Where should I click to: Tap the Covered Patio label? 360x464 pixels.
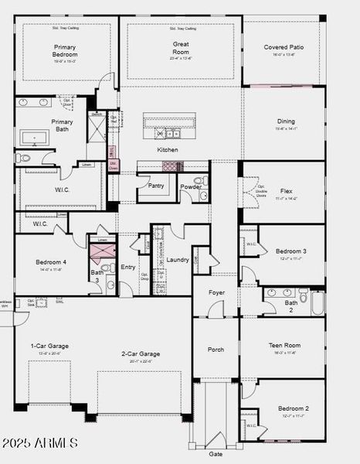point(284,47)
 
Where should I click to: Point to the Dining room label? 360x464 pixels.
point(286,121)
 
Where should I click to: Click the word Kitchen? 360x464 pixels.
point(168,150)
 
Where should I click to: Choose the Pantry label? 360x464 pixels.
point(155,186)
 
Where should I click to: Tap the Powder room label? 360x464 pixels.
point(191,186)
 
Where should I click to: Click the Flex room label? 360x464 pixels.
point(286,190)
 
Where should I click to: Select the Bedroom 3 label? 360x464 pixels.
point(291,251)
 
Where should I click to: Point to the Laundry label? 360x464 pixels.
point(178,260)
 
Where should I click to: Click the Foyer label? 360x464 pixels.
point(216,293)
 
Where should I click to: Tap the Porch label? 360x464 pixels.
point(216,350)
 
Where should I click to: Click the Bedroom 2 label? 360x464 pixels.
point(294,408)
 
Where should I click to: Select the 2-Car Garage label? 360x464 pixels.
point(141,354)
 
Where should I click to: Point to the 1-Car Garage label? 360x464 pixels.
point(49,346)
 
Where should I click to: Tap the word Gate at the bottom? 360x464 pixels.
point(216,454)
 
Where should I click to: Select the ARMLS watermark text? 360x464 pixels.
point(39,443)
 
